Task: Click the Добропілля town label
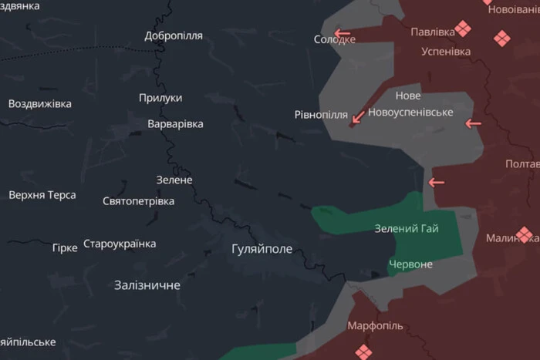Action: pyautogui.click(x=174, y=35)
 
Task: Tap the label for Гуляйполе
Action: pyautogui.click(x=262, y=249)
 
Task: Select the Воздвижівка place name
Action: pyautogui.click(x=40, y=103)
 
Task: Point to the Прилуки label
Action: pyautogui.click(x=160, y=98)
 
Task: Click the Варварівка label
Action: pyautogui.click(x=175, y=124)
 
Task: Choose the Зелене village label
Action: pyautogui.click(x=174, y=180)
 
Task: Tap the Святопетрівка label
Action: pyautogui.click(x=138, y=201)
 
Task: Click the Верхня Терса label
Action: pyautogui.click(x=42, y=195)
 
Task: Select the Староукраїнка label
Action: pyautogui.click(x=120, y=244)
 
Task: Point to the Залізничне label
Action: pyautogui.click(x=147, y=285)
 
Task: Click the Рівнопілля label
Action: pyautogui.click(x=321, y=115)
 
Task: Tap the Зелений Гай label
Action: pyautogui.click(x=407, y=229)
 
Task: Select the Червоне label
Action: pyautogui.click(x=411, y=264)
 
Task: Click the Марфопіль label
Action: pyautogui.click(x=375, y=326)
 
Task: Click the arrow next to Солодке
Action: pyautogui.click(x=342, y=34)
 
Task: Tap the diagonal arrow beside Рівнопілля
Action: pyautogui.click(x=358, y=116)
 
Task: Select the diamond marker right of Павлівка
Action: pyautogui.click(x=463, y=29)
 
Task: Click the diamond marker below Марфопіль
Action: pyautogui.click(x=363, y=352)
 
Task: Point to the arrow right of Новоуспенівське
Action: pyautogui.click(x=473, y=123)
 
